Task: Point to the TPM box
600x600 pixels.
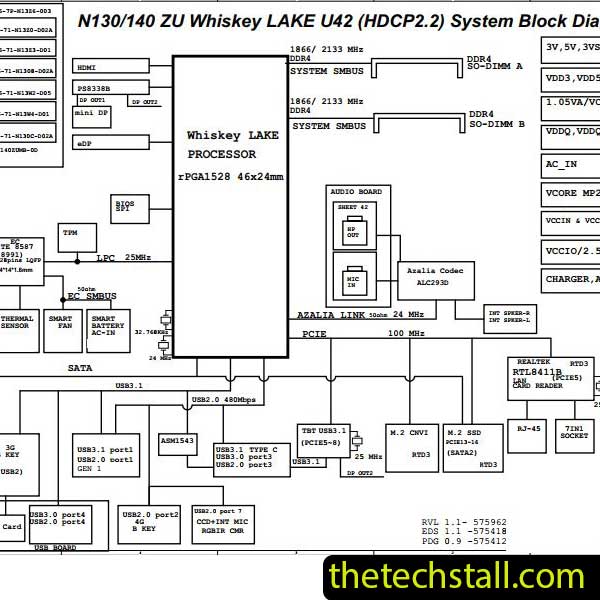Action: [x=70, y=233]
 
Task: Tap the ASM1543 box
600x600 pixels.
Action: [x=178, y=440]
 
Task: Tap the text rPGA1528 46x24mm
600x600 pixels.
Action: [x=230, y=176]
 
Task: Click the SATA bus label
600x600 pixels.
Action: [x=80, y=368]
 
